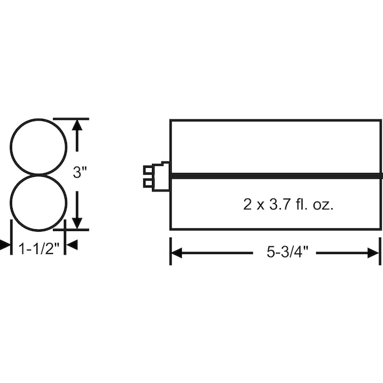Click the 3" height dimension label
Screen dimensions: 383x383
tap(80, 172)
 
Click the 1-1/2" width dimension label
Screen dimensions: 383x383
tap(39, 249)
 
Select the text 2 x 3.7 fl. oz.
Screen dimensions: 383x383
tap(289, 204)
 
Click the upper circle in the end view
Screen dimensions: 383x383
tap(11, 147)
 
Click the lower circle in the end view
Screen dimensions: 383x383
tap(11, 202)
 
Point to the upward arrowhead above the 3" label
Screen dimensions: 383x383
tap(77, 125)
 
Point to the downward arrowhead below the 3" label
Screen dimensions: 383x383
tap(77, 223)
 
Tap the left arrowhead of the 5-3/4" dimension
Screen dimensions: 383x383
tap(176, 253)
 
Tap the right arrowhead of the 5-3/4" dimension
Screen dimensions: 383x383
tap(373, 253)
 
